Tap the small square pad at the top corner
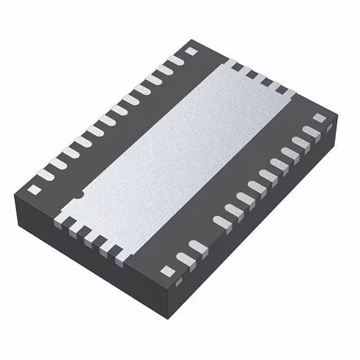[x=190, y=51]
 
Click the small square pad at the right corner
[x=319, y=118]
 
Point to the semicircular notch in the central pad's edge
[x=79, y=195]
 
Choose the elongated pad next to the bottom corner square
[x=182, y=259]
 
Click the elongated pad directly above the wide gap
[x=220, y=221]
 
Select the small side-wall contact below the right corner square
[x=330, y=128]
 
